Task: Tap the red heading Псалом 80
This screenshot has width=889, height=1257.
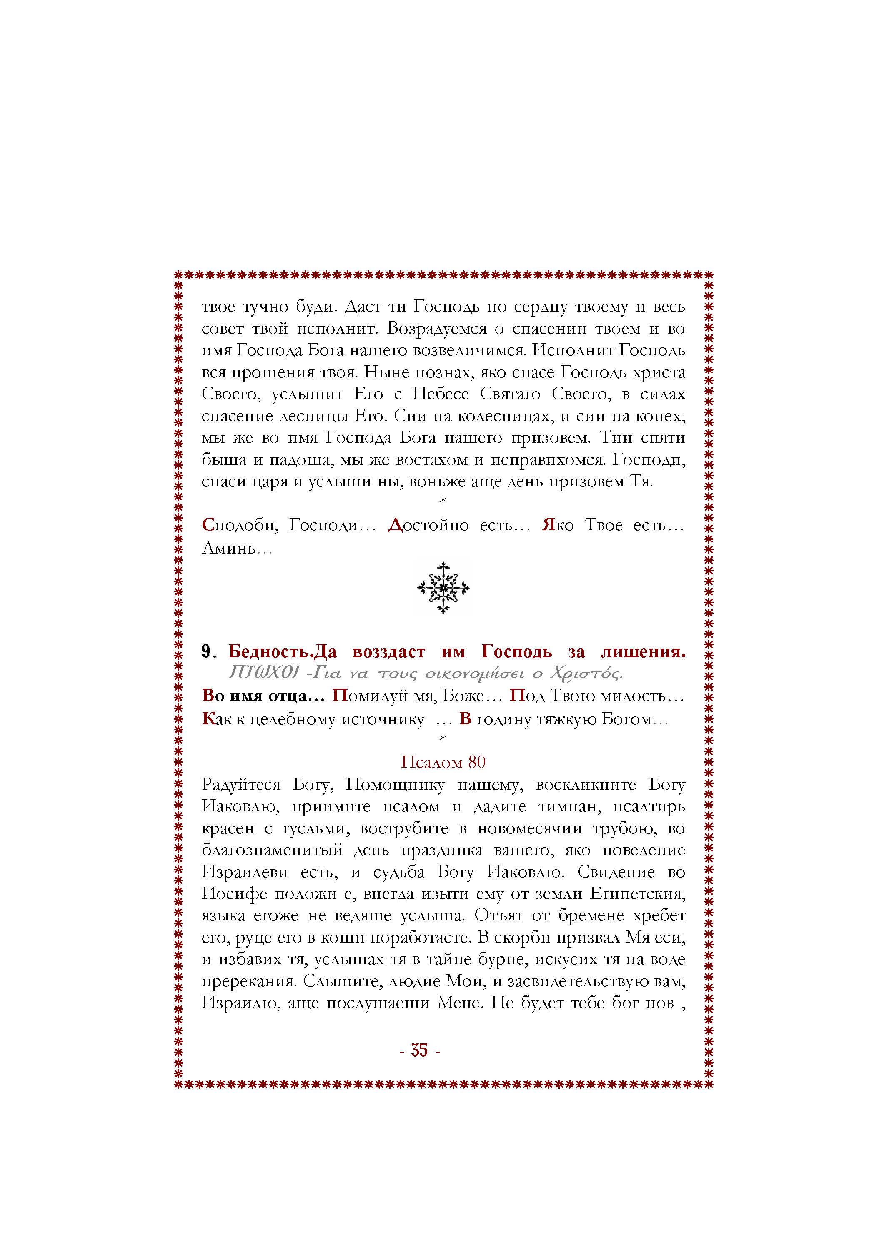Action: point(443,762)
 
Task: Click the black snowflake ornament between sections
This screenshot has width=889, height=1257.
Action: point(443,588)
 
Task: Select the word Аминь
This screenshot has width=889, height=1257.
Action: point(230,547)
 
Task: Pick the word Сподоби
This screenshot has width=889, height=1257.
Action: point(237,525)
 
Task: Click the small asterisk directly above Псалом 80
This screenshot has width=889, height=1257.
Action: point(443,739)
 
